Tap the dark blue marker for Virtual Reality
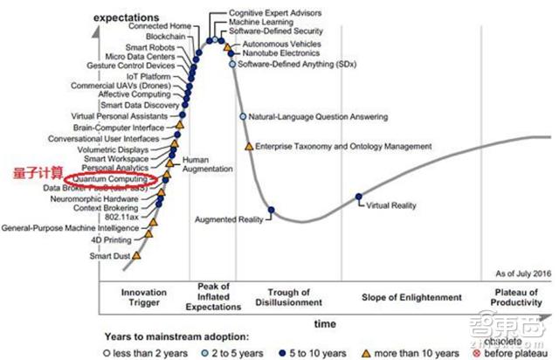click(360, 197)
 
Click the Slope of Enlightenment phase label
click(411, 297)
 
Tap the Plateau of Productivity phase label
click(517, 297)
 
